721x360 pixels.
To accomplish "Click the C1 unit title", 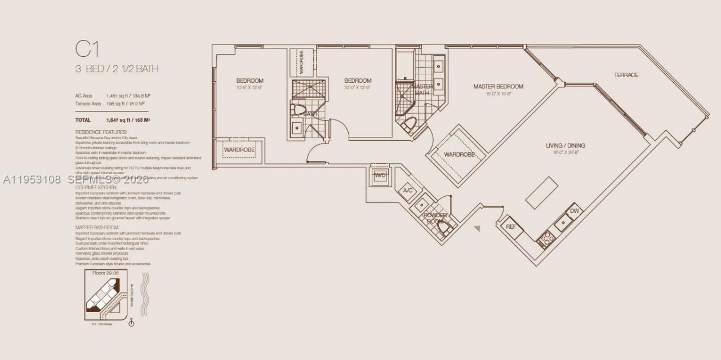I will (87, 50).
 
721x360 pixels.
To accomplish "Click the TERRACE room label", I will (626, 75).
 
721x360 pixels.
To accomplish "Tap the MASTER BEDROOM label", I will (498, 87).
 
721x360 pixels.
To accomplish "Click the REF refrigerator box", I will (511, 226).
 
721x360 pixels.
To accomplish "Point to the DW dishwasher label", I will (574, 211).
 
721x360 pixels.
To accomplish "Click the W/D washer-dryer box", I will (380, 175).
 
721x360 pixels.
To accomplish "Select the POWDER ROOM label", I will (435, 218).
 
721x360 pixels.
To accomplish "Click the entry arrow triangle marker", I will (477, 229).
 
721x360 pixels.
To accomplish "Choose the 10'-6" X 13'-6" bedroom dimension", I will (250, 88).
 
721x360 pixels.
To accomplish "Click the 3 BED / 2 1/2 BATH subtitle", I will (117, 69).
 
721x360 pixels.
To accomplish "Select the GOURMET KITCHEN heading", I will (96, 187).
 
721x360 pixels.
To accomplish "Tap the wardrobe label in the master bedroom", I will (460, 154).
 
